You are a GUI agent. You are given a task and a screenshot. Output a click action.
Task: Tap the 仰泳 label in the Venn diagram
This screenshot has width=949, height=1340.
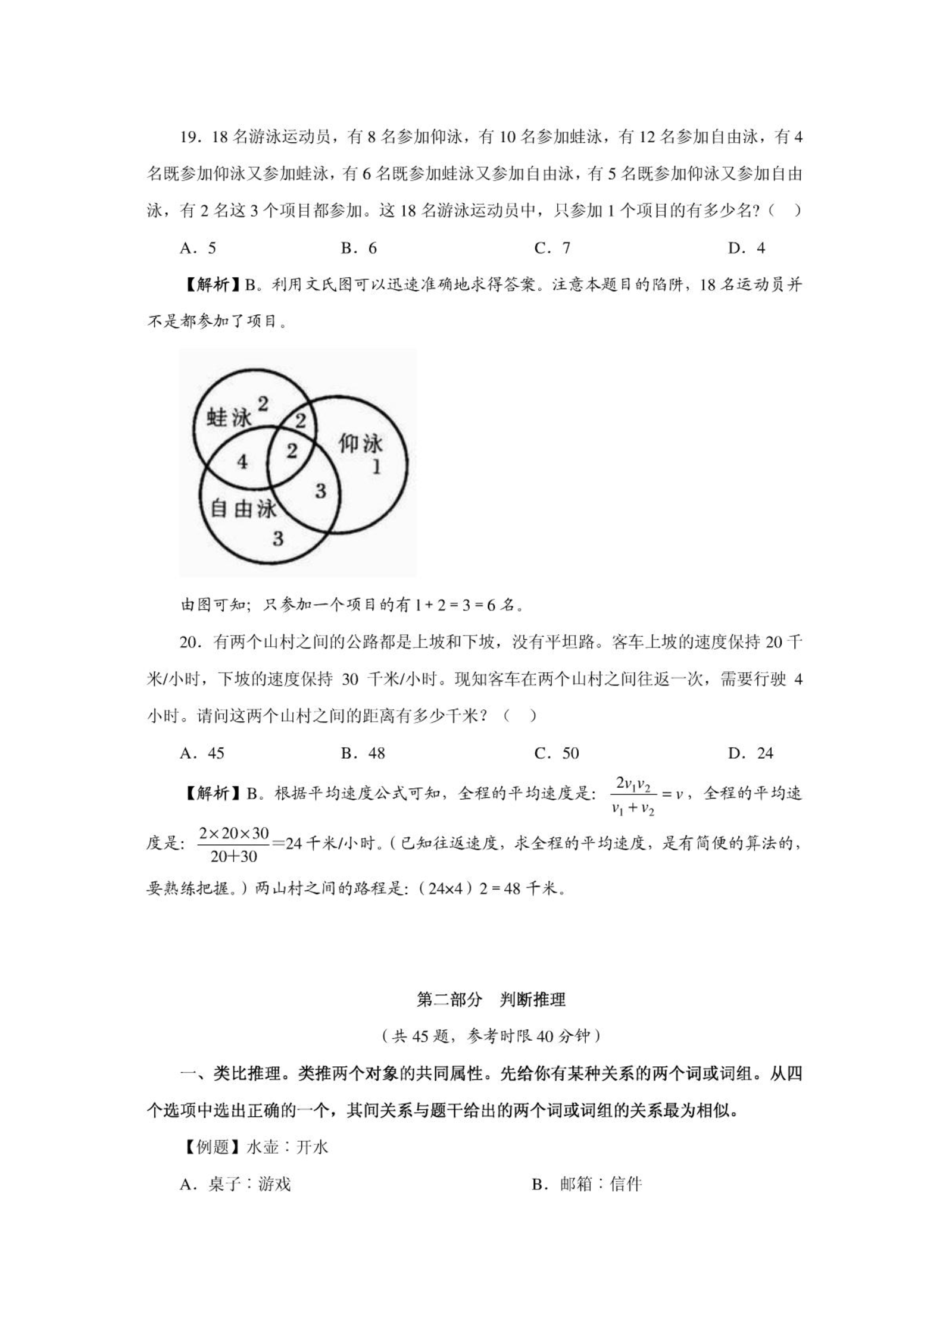[x=360, y=443]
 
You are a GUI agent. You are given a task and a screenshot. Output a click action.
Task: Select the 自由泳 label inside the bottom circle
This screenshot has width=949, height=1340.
[x=244, y=509]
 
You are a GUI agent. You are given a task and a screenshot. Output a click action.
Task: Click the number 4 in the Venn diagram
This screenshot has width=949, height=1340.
[x=242, y=461]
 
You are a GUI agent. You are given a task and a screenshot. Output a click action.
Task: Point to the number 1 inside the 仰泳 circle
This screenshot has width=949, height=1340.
[x=376, y=467]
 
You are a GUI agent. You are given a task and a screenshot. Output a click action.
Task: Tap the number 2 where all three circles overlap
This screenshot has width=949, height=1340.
[x=292, y=450]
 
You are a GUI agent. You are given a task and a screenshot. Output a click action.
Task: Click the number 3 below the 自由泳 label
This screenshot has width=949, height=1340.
[x=278, y=538]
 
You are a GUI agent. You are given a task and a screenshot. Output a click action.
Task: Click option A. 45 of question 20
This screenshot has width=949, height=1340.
[x=202, y=753]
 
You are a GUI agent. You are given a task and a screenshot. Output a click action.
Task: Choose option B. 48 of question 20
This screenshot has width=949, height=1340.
[x=363, y=753]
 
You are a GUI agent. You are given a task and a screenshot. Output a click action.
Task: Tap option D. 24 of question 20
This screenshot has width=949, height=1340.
[x=750, y=753]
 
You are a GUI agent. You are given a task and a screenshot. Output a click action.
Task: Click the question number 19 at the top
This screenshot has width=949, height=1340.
[x=189, y=137]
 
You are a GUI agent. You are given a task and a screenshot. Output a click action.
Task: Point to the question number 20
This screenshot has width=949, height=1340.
[x=189, y=643]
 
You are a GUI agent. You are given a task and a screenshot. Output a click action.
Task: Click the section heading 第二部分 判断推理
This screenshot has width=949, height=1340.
[x=491, y=1000]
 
